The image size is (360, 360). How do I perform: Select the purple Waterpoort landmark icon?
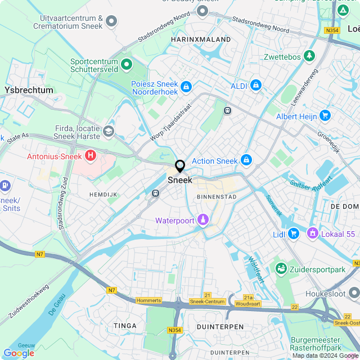click(x=202, y=220)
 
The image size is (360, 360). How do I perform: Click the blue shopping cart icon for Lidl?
click(x=293, y=232)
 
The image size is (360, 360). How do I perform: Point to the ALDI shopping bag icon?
click(x=256, y=85)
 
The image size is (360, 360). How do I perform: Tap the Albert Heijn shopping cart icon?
click(x=325, y=116)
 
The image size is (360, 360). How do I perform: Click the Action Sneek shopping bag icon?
click(x=246, y=160)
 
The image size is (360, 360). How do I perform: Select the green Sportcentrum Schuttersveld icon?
click(x=127, y=65)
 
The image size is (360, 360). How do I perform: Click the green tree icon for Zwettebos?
click(x=308, y=56)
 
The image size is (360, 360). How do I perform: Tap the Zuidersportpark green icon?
click(x=280, y=269)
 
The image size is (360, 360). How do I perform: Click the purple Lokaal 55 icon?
click(x=312, y=232)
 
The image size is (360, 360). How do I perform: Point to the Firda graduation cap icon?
click(x=108, y=132)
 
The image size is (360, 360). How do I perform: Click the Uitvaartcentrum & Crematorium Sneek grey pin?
click(x=111, y=22)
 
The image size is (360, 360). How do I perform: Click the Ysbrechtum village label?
click(x=29, y=90)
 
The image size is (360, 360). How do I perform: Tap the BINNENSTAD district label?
click(x=217, y=197)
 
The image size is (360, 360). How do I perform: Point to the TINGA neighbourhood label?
click(x=125, y=326)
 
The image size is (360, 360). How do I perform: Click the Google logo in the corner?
click(x=19, y=353)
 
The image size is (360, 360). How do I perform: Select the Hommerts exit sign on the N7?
click(x=148, y=300)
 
